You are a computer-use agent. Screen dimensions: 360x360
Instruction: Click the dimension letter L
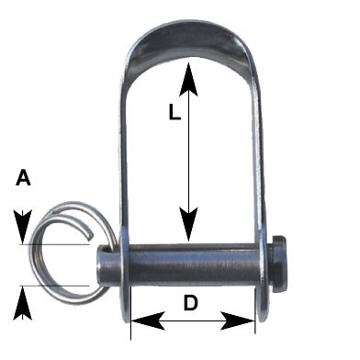(x=174, y=112)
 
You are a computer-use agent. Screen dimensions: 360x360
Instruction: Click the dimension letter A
(x=23, y=178)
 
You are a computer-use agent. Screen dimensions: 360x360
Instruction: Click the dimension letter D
(x=191, y=302)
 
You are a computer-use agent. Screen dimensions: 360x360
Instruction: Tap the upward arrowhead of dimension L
(x=188, y=78)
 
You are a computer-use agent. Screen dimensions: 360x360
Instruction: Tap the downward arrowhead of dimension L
(x=188, y=224)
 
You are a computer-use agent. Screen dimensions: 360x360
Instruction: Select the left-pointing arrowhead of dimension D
(x=148, y=321)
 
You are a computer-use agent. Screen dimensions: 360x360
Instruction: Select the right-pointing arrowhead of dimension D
(x=238, y=321)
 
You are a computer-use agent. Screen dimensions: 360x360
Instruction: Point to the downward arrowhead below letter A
(x=23, y=227)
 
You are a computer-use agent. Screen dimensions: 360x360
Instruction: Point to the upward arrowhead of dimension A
(x=23, y=303)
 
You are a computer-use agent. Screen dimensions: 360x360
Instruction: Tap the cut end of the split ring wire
(x=90, y=235)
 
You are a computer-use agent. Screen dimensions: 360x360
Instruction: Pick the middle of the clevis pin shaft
(x=191, y=264)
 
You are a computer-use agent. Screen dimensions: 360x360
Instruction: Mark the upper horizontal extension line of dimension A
(x=54, y=244)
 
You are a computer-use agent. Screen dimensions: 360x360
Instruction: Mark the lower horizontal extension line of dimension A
(x=54, y=286)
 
